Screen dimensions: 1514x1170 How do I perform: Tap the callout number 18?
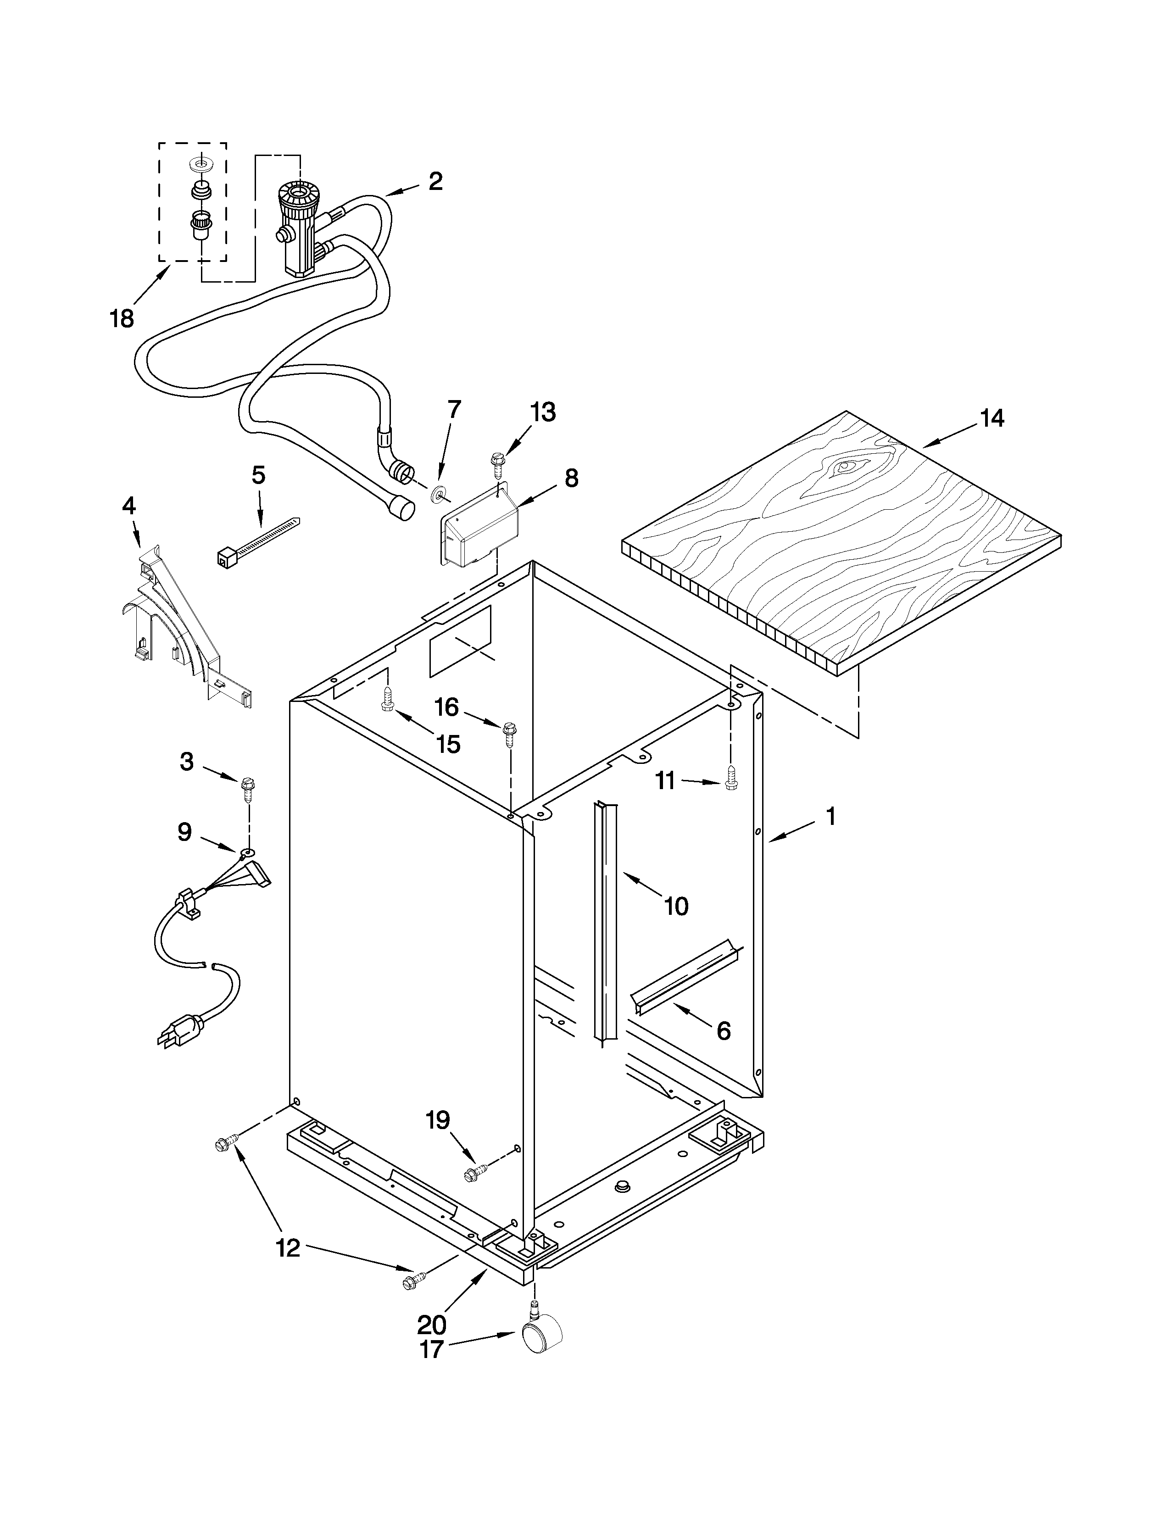tap(122, 319)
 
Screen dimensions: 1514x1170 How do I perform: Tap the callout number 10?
tap(676, 905)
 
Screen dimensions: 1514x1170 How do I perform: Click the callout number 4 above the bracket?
tap(129, 506)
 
